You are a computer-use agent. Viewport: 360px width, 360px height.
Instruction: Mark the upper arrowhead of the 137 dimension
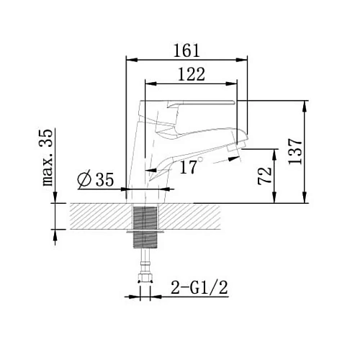307,106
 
